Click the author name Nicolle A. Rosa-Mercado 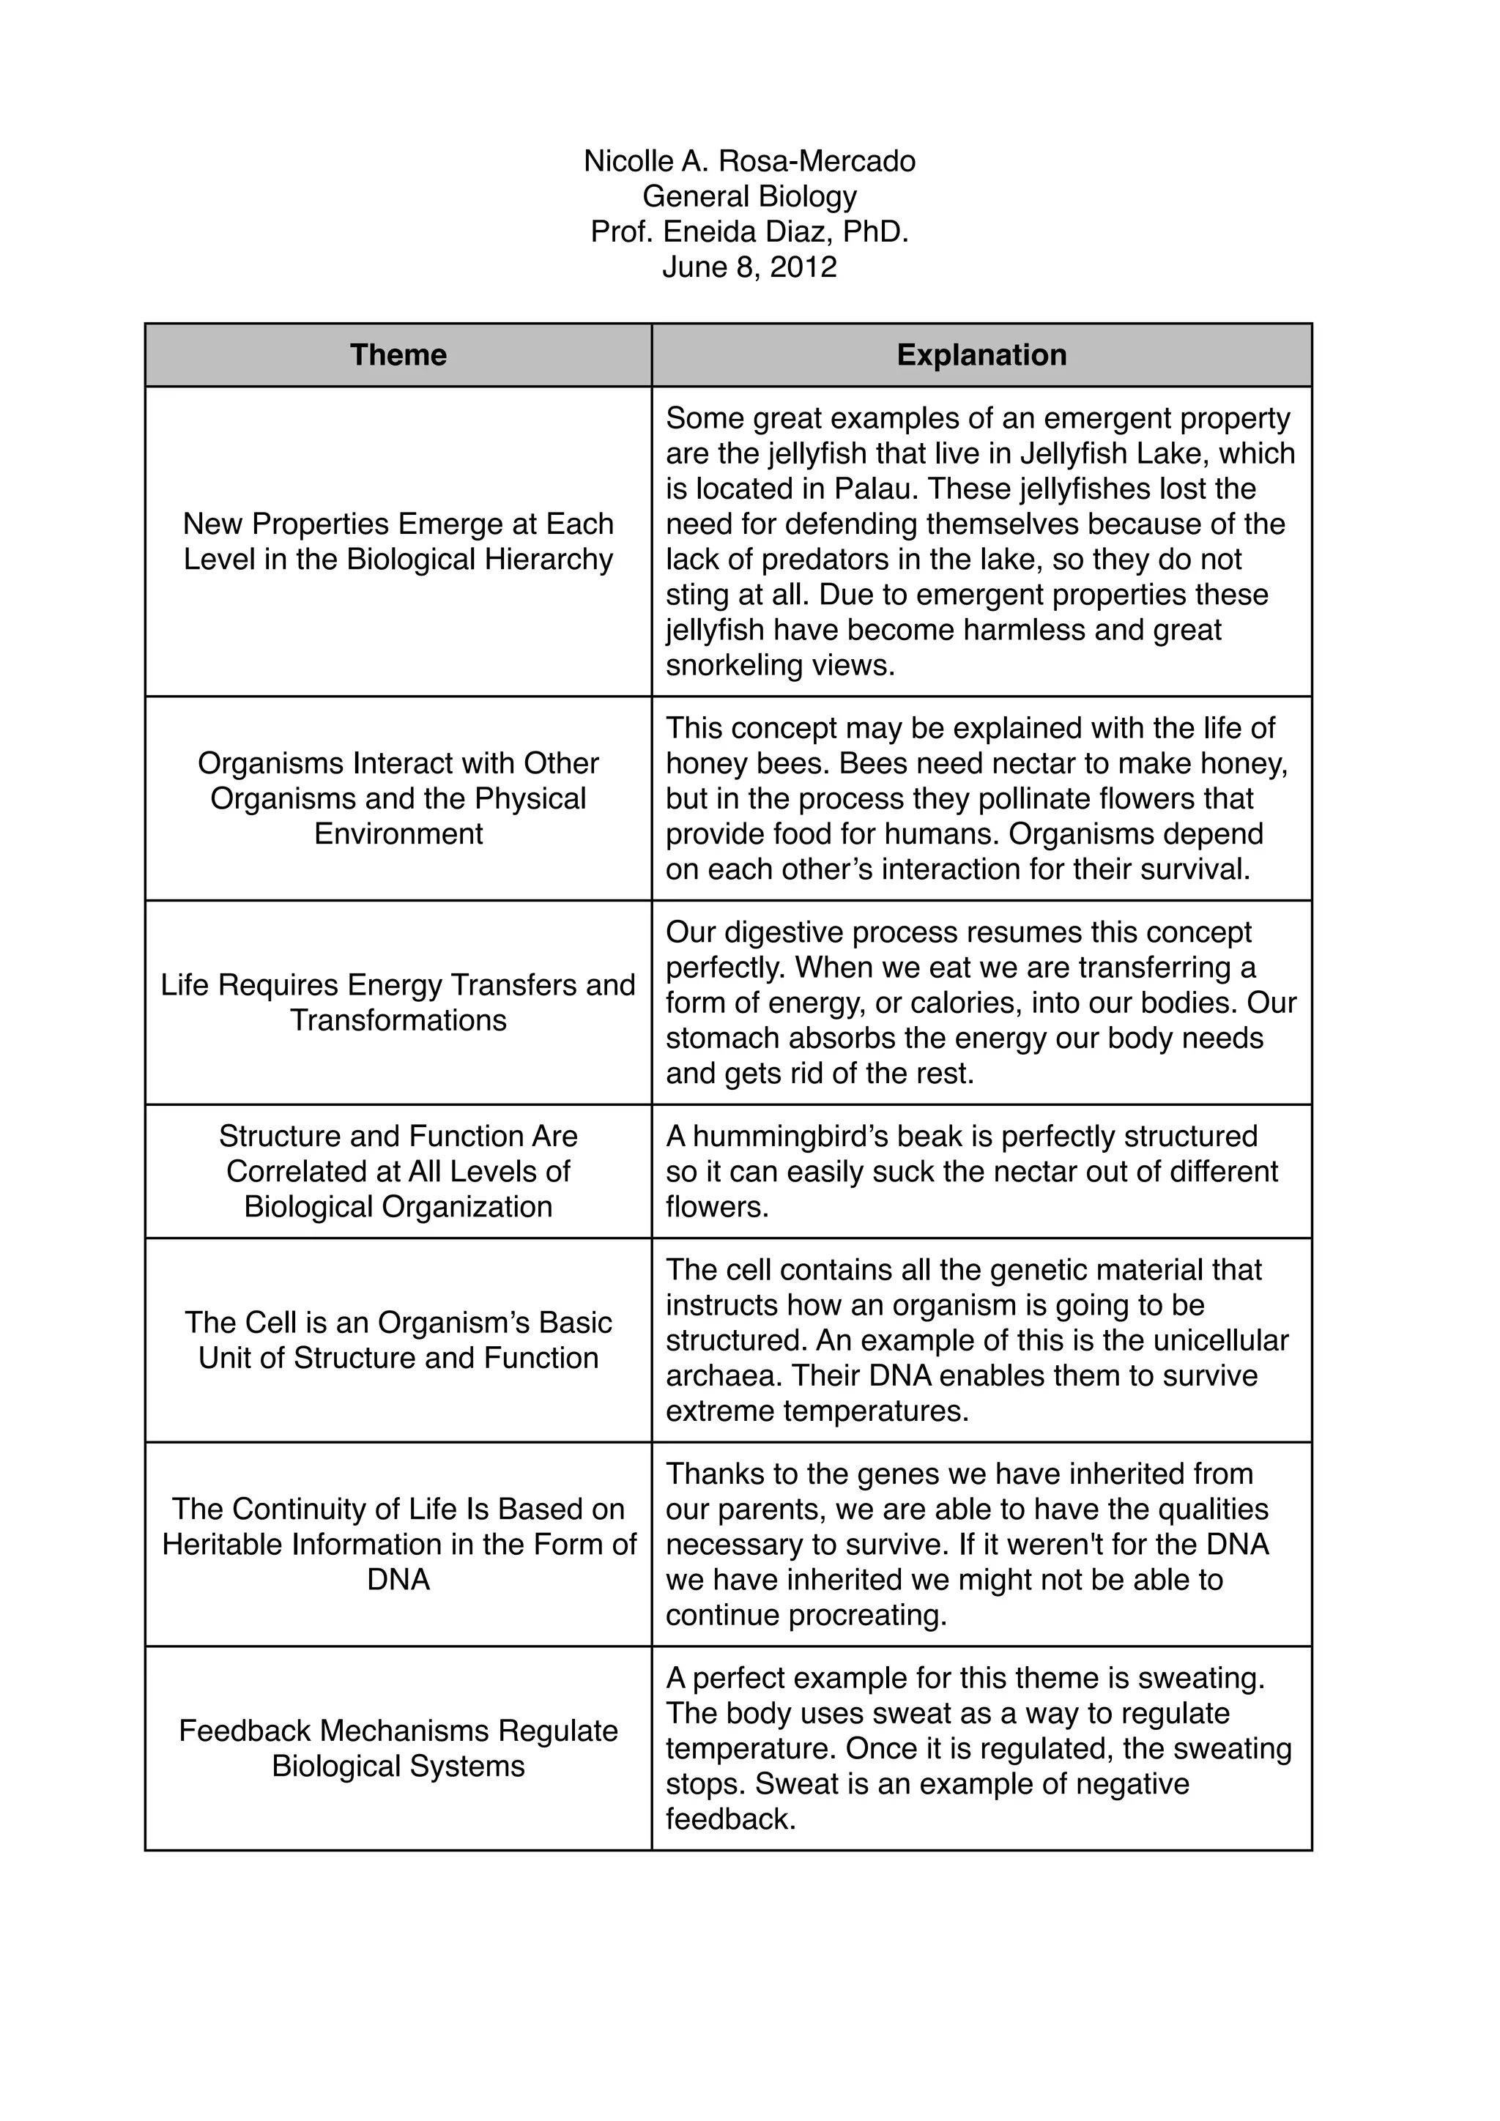tap(749, 162)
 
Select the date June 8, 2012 tap(749, 267)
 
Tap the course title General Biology tap(749, 197)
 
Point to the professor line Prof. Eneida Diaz tap(749, 232)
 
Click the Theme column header tap(398, 354)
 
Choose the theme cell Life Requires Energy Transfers tap(398, 1003)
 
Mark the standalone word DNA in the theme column tap(398, 1580)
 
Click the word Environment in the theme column tap(398, 834)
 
